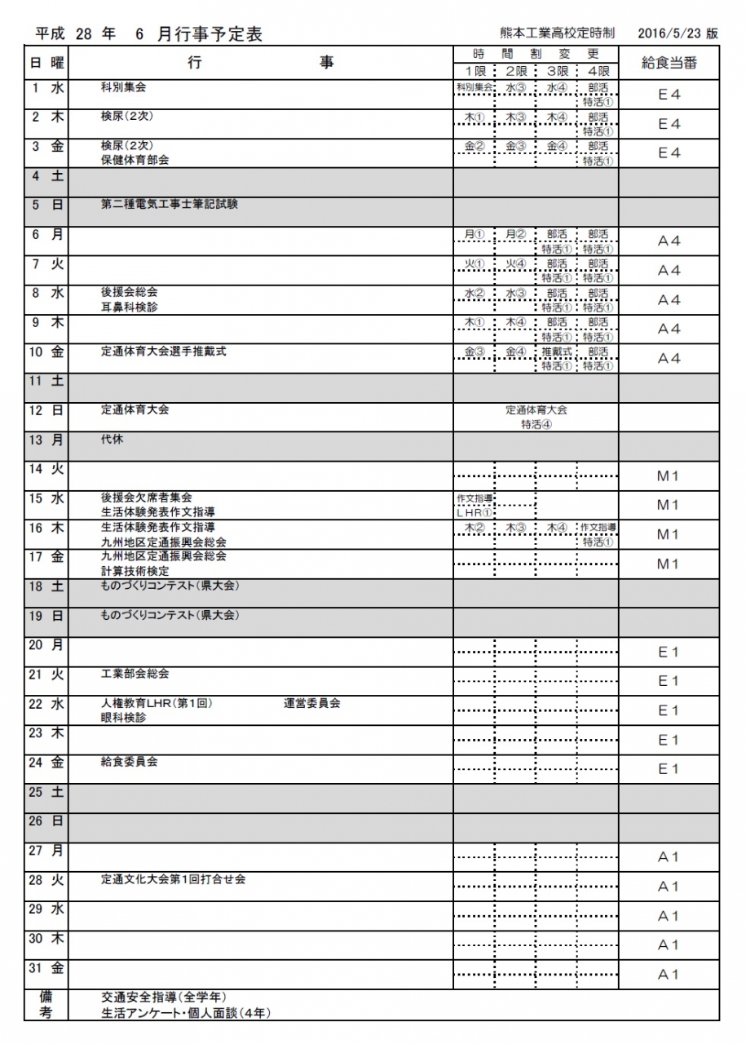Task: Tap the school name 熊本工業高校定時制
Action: pyautogui.click(x=558, y=33)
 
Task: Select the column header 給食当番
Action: pyautogui.click(x=669, y=63)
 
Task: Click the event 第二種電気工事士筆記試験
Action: pyautogui.click(x=169, y=205)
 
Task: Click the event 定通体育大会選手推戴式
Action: pyautogui.click(x=163, y=352)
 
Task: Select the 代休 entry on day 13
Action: pyautogui.click(x=113, y=439)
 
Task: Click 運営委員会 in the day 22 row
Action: pyautogui.click(x=311, y=703)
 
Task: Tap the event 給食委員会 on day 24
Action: pyautogui.click(x=129, y=762)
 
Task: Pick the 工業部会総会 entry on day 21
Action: pyautogui.click(x=135, y=674)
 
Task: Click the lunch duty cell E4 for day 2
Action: pyautogui.click(x=669, y=124)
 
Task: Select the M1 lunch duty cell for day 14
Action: pyautogui.click(x=669, y=476)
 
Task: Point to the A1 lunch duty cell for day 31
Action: pyautogui.click(x=669, y=975)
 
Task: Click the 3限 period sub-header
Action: pyautogui.click(x=556, y=71)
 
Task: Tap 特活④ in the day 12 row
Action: pyautogui.click(x=536, y=424)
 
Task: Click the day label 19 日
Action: pyautogui.click(x=46, y=616)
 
